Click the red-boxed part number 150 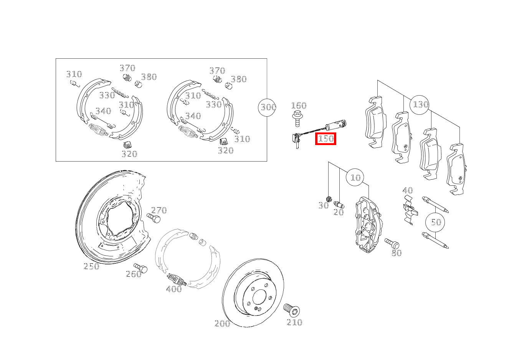326,139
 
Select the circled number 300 267,107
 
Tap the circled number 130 420,105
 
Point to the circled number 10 355,177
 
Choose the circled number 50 435,222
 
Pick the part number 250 91,266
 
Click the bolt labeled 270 154,218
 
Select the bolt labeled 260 140,268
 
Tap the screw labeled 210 291,310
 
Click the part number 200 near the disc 222,324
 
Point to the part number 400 174,289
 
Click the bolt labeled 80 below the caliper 392,244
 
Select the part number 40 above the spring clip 408,190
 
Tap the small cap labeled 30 329,199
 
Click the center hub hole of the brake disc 259,297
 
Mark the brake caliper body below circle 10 369,225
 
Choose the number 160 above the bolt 299,106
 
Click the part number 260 134,274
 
